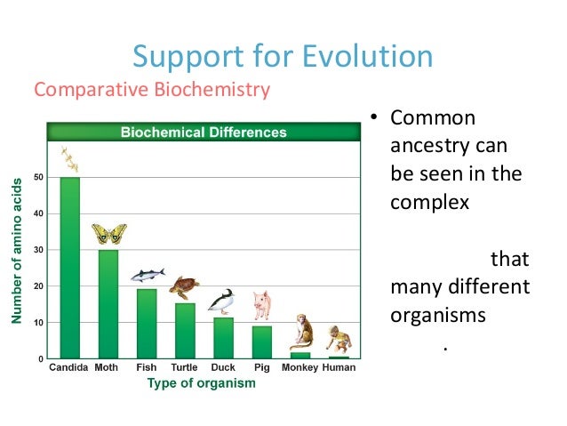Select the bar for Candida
pyautogui.click(x=70, y=268)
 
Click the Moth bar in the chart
pyautogui.click(x=108, y=304)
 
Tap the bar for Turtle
pyautogui.click(x=185, y=331)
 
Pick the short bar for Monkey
pyautogui.click(x=300, y=356)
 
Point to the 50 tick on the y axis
pyautogui.click(x=38, y=177)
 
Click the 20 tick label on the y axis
pyautogui.click(x=38, y=286)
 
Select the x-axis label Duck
pyautogui.click(x=223, y=367)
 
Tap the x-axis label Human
pyautogui.click(x=339, y=367)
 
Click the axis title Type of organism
pyautogui.click(x=202, y=383)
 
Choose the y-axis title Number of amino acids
pyautogui.click(x=17, y=251)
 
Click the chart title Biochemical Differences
pyautogui.click(x=204, y=133)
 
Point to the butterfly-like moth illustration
pyautogui.click(x=109, y=234)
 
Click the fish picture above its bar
pyautogui.click(x=148, y=276)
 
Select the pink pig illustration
pyautogui.click(x=262, y=305)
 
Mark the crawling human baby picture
pyautogui.click(x=339, y=339)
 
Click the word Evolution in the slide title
pyautogui.click(x=367, y=56)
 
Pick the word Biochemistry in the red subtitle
pyautogui.click(x=212, y=90)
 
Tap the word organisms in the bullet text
pyautogui.click(x=438, y=315)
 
